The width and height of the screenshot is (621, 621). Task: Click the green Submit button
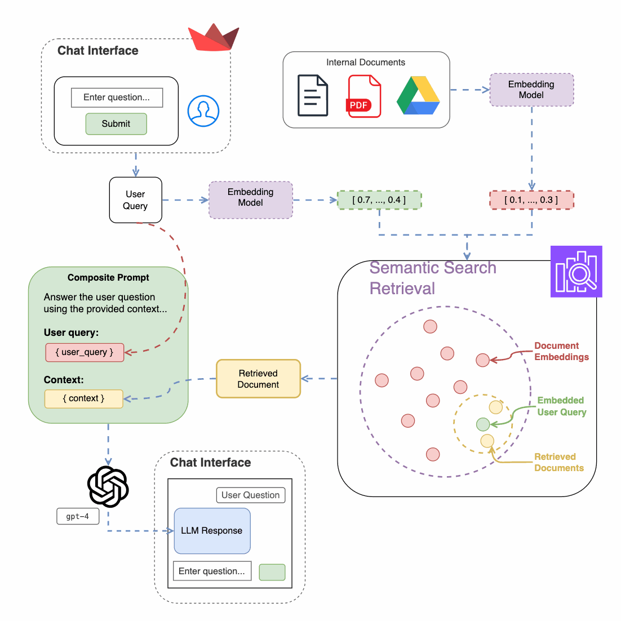pos(116,124)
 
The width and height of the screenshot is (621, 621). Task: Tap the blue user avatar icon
pos(203,111)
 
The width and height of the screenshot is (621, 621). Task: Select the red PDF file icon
pos(364,96)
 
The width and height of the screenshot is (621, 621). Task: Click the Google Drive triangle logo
pos(418,96)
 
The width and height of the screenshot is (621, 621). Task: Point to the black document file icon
pos(313,96)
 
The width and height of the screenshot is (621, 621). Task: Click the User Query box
pos(136,200)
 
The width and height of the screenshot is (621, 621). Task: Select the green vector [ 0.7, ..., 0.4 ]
pos(379,200)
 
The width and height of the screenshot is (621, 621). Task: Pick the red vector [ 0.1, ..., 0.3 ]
pos(531,200)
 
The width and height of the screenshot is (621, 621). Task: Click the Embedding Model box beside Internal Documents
pos(531,90)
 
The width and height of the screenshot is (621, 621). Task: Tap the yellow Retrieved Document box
pos(258,379)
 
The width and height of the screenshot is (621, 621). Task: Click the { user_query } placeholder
pos(85,352)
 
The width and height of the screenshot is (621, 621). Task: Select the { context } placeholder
pos(83,398)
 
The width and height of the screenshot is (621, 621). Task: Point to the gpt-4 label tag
pos(78,516)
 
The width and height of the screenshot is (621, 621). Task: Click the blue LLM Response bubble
pos(212,531)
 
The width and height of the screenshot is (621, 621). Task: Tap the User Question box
pos(251,495)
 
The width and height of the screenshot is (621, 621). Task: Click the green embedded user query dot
pos(483,424)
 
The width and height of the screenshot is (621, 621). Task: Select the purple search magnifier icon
pos(576,272)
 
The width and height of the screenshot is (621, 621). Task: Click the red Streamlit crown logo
pos(214,38)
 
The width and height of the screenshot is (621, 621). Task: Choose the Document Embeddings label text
pos(561,352)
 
